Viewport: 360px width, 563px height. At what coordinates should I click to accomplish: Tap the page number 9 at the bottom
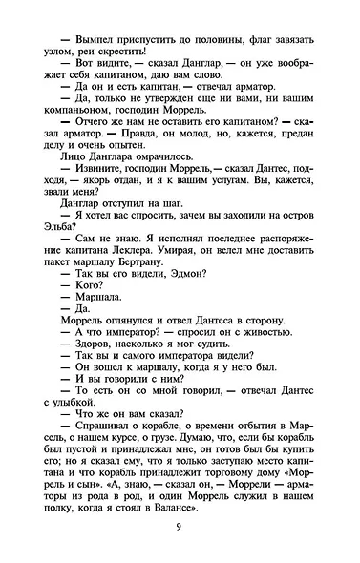[x=180, y=545]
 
